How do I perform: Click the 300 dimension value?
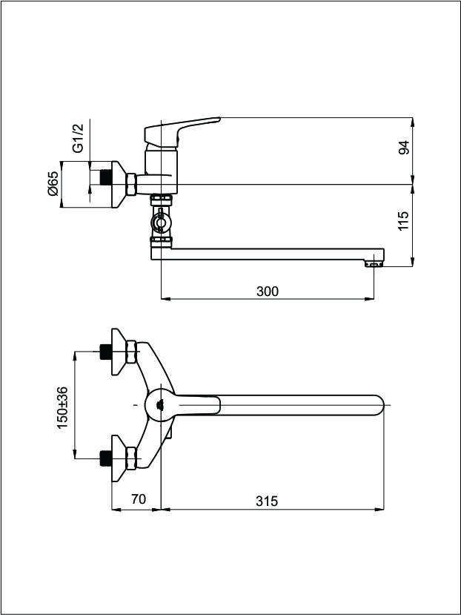click(x=268, y=292)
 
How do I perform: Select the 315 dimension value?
click(x=267, y=501)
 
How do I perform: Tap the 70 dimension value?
click(x=139, y=499)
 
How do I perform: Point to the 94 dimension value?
click(x=404, y=147)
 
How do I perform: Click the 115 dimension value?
click(x=404, y=221)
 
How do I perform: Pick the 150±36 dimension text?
click(x=63, y=407)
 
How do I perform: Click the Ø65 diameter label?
click(x=53, y=183)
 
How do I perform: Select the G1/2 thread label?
click(x=79, y=138)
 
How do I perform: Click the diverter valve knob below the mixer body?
click(x=161, y=223)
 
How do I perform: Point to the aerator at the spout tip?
click(x=374, y=264)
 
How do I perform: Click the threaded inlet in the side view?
click(x=106, y=177)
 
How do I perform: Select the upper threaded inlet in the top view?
click(x=106, y=352)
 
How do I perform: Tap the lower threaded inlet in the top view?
click(x=106, y=458)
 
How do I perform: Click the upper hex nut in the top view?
click(x=131, y=352)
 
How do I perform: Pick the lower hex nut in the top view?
click(x=131, y=458)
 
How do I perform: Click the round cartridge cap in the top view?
click(x=160, y=405)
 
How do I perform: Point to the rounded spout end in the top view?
click(x=377, y=405)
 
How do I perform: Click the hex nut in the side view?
click(x=131, y=184)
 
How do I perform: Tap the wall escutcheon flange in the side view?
click(x=119, y=184)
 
